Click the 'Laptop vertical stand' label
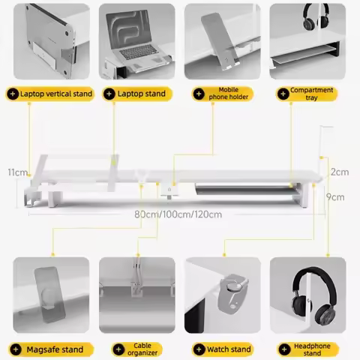coord(49,94)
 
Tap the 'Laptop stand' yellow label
coord(137,94)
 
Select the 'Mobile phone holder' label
coord(223,94)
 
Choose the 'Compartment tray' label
coord(307,94)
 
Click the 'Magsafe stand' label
coord(51,349)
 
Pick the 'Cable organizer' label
coord(136,349)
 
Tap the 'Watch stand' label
coord(223,349)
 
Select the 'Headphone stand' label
coord(308,349)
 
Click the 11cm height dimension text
coord(17,172)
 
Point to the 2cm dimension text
coord(340,172)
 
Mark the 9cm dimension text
coord(335,197)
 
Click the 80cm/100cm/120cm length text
coord(178,214)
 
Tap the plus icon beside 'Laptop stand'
coord(109,94)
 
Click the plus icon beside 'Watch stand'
coord(199,349)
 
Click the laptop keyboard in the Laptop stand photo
coord(137,52)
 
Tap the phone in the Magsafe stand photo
coord(49,295)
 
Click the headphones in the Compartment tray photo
coord(316,16)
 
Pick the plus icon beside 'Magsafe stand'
coord(16,349)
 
